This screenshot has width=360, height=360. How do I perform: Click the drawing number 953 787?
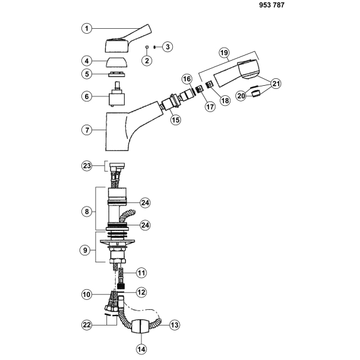click(272, 5)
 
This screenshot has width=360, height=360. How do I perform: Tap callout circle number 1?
click(87, 28)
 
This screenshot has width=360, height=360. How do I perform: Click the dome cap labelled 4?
click(116, 62)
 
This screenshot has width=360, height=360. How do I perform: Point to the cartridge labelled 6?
click(117, 94)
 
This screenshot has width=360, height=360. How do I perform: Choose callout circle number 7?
click(87, 130)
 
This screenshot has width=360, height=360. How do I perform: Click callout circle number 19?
click(224, 53)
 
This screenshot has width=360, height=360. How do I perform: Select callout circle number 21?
click(275, 83)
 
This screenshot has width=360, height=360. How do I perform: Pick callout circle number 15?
click(176, 120)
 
